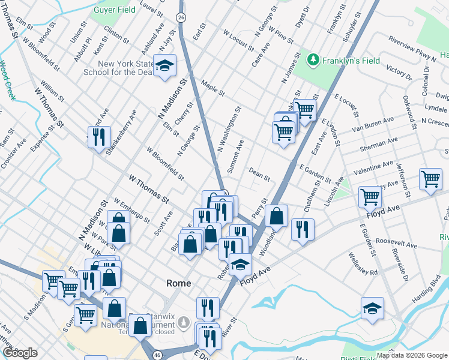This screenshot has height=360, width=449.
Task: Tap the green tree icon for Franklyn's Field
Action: tap(313, 60)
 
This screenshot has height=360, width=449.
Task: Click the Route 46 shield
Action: tap(157, 355)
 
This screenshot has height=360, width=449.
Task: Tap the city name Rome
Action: tap(178, 283)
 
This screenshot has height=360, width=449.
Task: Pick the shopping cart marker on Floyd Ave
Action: tap(370, 196)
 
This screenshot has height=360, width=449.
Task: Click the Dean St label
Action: tap(260, 175)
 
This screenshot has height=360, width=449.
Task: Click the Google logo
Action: tap(20, 353)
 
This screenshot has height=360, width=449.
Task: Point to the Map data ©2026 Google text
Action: tap(412, 355)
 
